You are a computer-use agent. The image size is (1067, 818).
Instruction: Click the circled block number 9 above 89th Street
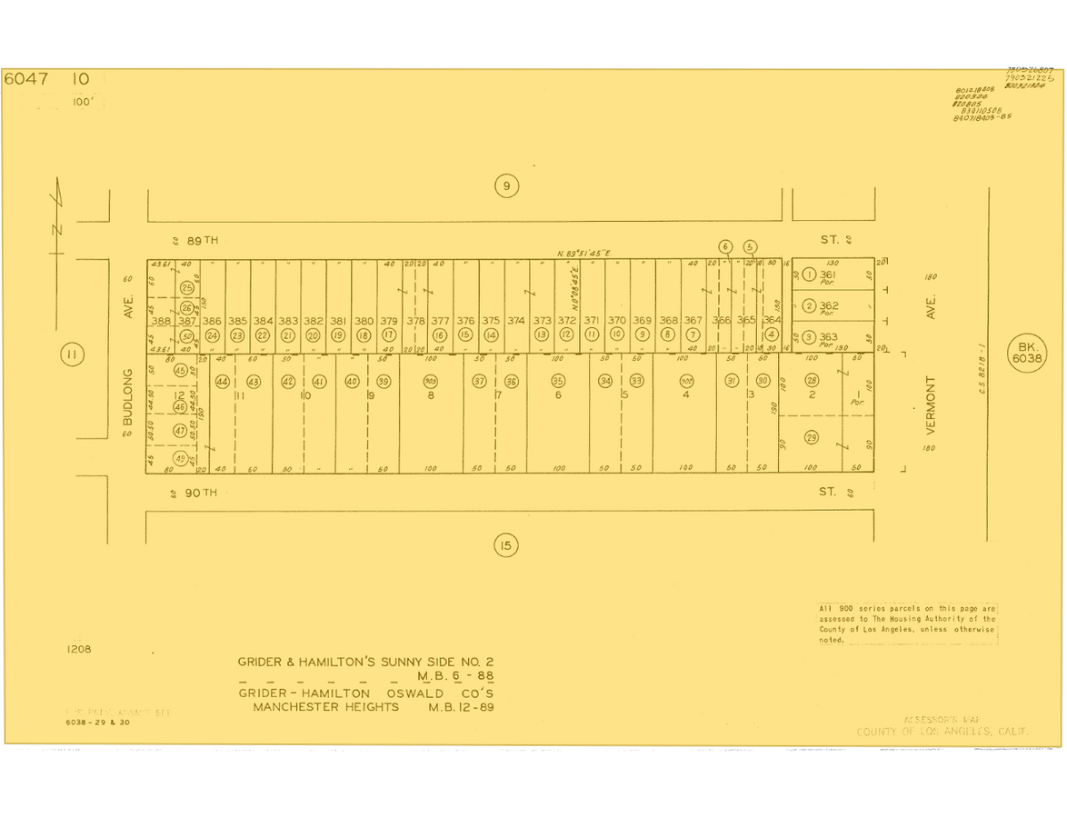pos(506,186)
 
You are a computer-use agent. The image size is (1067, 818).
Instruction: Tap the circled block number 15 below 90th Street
pos(505,545)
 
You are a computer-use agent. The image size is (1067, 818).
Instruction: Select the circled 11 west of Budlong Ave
pos(72,354)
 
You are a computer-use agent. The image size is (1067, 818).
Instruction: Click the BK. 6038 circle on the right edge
pos(1026,353)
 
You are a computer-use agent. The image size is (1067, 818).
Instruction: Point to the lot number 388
pos(161,321)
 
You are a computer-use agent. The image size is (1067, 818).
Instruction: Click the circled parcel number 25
pos(186,288)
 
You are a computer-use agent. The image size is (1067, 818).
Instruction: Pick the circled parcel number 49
pos(180,458)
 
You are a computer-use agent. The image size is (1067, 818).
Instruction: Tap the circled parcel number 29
pos(812,438)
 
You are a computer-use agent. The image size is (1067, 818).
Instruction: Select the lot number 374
pos(516,321)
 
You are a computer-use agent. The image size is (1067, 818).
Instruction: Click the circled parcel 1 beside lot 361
pos(809,274)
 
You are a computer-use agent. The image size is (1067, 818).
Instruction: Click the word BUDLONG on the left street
pos(128,396)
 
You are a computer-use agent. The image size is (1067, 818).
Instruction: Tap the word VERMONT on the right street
pos(930,404)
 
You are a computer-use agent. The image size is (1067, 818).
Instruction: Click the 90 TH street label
pos(201,493)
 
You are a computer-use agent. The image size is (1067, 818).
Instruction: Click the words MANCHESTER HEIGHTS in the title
pos(325,707)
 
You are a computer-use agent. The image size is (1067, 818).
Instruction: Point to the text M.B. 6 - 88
pos(455,676)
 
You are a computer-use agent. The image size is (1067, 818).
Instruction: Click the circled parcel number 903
pos(431,382)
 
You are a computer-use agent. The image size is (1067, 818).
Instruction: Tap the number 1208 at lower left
pos(79,649)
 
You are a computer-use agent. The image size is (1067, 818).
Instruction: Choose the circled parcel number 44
pos(222,382)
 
